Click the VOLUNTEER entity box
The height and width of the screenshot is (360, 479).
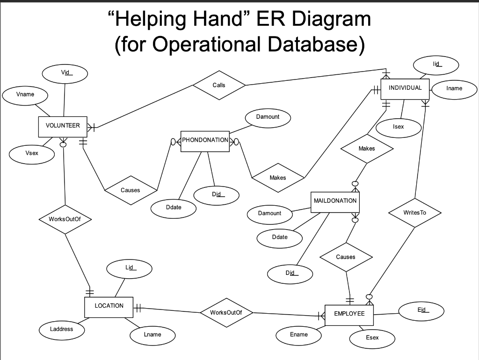coord(63,126)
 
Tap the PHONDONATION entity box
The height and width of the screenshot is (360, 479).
coord(205,141)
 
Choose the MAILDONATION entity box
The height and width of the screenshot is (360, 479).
coord(335,202)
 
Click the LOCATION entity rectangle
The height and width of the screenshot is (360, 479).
coord(109,306)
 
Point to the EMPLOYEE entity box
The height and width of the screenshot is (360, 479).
coord(349,314)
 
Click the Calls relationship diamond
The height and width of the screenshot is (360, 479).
coord(219,85)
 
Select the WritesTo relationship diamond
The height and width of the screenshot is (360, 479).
coord(414,213)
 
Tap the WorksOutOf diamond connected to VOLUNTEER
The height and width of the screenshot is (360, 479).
coord(64,219)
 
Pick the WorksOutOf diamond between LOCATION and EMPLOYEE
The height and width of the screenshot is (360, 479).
coord(226,312)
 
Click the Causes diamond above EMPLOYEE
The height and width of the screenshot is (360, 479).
coord(346,257)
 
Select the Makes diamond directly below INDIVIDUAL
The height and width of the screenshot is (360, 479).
coord(367,149)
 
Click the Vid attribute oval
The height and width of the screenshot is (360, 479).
coord(65,73)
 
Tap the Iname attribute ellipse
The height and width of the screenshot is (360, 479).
coord(454,88)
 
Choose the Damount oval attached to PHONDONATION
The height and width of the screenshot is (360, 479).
coord(268,117)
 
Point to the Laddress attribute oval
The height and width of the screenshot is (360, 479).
coord(62,329)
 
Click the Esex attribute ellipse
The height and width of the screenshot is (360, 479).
coord(372,338)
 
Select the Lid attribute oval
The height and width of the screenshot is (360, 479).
coord(129,268)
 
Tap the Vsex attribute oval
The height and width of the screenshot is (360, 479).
coord(32,154)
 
